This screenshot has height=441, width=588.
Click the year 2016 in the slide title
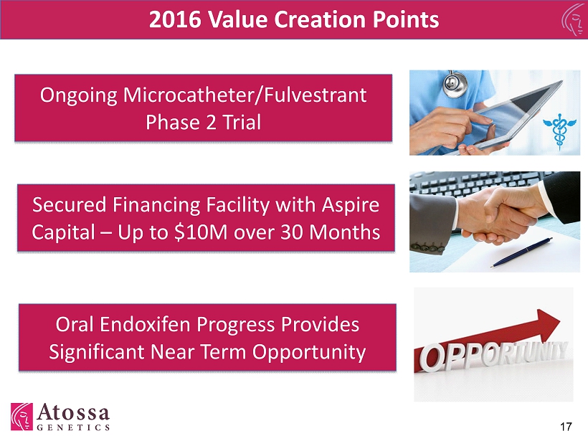(175, 19)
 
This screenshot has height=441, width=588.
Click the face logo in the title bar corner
(574, 19)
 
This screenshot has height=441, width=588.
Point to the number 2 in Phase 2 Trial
(211, 122)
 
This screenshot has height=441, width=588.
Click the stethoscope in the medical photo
(455, 83)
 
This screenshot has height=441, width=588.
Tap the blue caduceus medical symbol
(559, 130)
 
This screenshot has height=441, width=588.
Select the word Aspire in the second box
(351, 206)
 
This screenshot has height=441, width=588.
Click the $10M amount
(201, 232)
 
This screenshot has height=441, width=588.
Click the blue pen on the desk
(521, 252)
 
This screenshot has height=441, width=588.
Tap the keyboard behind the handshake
(484, 184)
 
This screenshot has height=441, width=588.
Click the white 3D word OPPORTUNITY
(493, 356)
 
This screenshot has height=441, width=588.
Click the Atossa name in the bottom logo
(73, 412)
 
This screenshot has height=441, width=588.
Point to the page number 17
(566, 427)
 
